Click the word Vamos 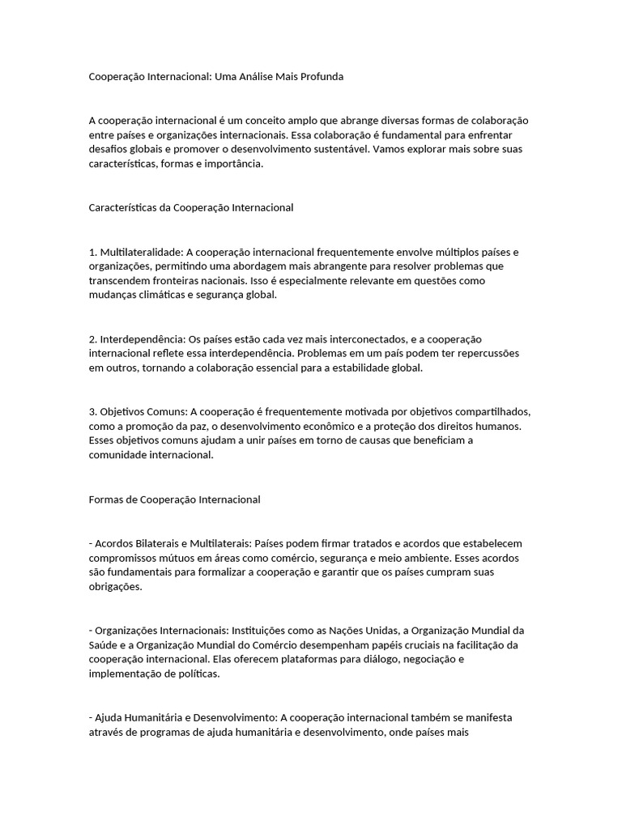[393, 149]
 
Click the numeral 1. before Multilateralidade [92, 252]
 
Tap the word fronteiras [179, 281]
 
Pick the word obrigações [115, 588]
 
